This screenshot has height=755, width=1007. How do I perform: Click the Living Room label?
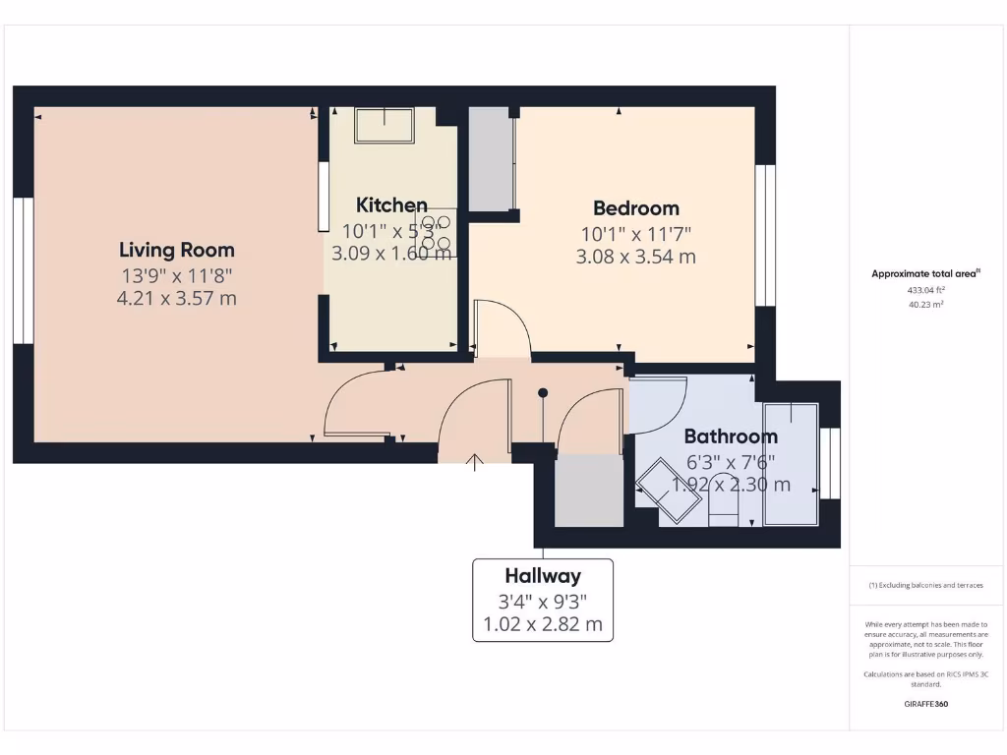pyautogui.click(x=177, y=250)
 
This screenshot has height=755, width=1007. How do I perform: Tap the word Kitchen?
pyautogui.click(x=391, y=204)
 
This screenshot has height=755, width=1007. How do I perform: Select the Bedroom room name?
pyautogui.click(x=635, y=208)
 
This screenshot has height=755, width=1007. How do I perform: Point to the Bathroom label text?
pyautogui.click(x=731, y=436)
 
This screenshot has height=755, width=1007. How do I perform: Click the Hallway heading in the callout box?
pyautogui.click(x=543, y=576)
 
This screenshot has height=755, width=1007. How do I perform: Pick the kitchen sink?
pyautogui.click(x=385, y=125)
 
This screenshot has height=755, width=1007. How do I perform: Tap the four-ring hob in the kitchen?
pyautogui.click(x=436, y=232)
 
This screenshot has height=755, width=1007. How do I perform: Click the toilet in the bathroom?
pyautogui.click(x=723, y=506)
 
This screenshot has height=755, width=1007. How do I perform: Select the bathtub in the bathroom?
pyautogui.click(x=791, y=463)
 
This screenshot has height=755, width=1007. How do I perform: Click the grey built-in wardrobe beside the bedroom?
pyautogui.click(x=491, y=158)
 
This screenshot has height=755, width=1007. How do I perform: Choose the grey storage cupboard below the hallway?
pyautogui.click(x=589, y=491)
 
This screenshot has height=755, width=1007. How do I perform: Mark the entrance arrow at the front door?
pyautogui.click(x=476, y=462)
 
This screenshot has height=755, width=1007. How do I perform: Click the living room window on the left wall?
pyautogui.click(x=23, y=271)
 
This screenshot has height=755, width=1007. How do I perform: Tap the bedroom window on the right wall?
pyautogui.click(x=765, y=235)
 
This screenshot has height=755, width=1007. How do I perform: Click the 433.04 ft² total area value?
pyautogui.click(x=925, y=290)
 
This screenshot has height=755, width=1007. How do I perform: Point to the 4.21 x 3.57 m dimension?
pyautogui.click(x=177, y=298)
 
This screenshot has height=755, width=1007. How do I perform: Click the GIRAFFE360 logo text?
pyautogui.click(x=925, y=704)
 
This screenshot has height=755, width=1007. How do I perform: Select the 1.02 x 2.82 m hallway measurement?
pyautogui.click(x=543, y=623)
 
